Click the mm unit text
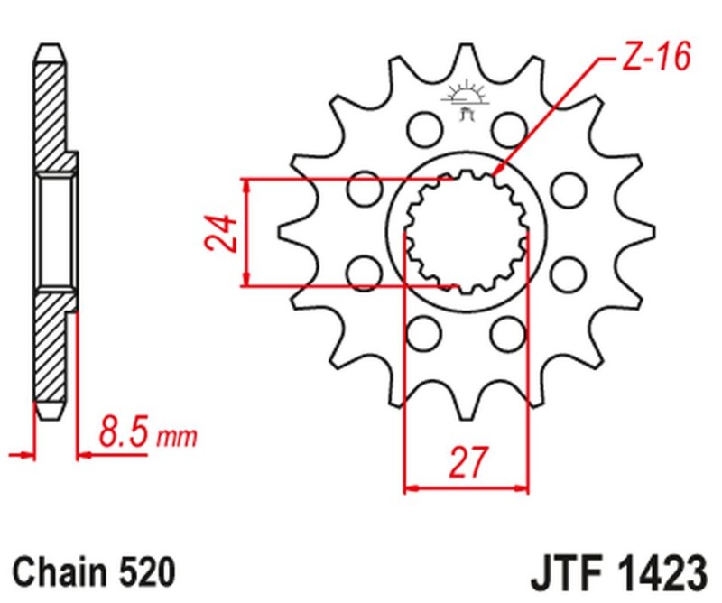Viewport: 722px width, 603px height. [x=177, y=440]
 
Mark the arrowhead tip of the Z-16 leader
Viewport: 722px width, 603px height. [x=495, y=174]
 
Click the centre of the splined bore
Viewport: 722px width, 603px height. [x=465, y=233]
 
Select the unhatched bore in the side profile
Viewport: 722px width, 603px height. [x=54, y=233]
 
